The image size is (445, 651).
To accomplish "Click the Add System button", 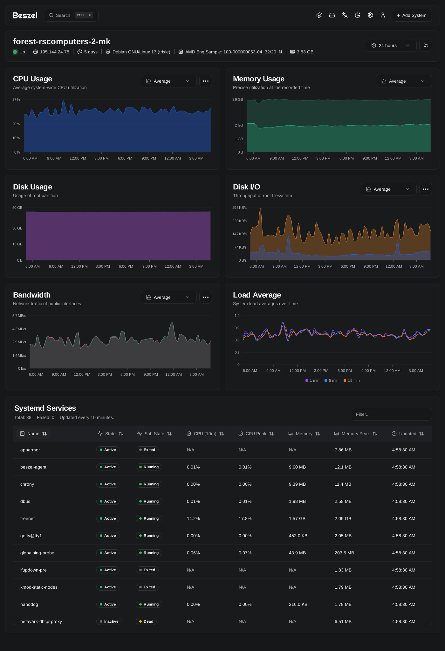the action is click(412, 15).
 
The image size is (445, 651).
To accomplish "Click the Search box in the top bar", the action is click(71, 15).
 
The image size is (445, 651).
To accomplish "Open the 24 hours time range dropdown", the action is click(391, 45).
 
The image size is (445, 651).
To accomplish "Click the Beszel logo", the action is click(25, 15).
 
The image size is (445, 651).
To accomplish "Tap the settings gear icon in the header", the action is click(370, 15).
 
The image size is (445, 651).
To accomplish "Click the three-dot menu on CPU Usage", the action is click(206, 81).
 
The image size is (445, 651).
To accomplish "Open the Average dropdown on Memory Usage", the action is click(404, 81).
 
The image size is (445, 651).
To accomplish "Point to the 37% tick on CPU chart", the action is click(16, 99).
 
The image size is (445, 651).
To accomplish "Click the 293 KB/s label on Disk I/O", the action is click(239, 208).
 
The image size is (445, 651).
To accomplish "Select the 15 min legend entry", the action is click(352, 380).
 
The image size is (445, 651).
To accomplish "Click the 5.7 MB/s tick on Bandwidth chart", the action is click(19, 316).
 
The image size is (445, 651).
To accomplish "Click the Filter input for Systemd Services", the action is click(391, 414).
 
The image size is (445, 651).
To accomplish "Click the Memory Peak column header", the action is click(356, 434).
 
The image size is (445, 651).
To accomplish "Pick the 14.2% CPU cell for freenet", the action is click(193, 518).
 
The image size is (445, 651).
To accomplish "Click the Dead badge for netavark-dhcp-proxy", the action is click(146, 621).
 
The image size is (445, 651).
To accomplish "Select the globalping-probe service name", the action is click(37, 553).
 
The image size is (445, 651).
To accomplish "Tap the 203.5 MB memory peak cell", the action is click(344, 553).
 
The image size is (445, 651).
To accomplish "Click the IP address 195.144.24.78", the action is click(55, 52).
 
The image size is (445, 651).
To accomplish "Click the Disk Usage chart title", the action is click(32, 187).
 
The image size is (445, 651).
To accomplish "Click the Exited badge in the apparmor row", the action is click(147, 450).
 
